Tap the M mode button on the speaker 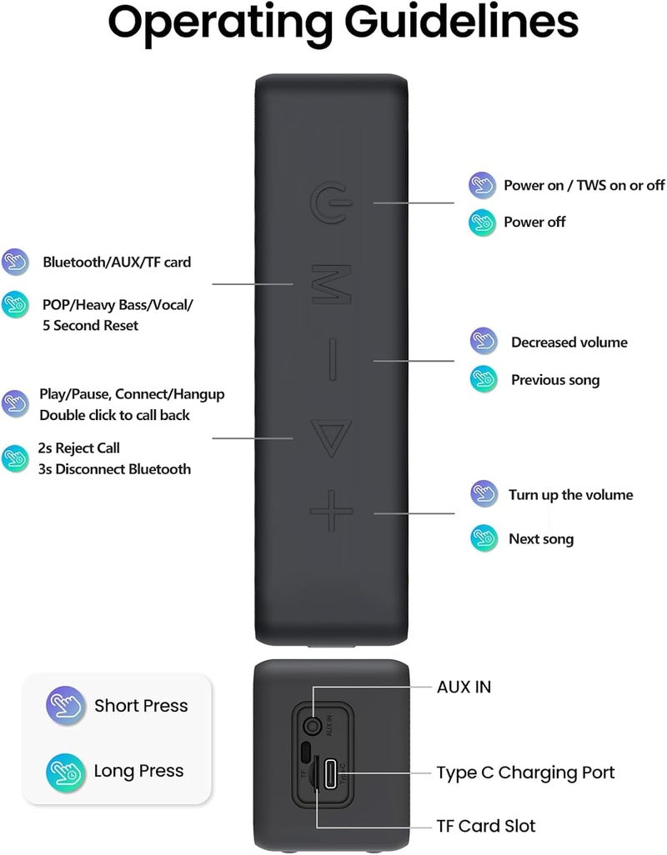[331, 284]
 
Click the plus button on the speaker [332, 511]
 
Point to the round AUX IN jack [313, 727]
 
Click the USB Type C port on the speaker [331, 773]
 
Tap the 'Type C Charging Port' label [525, 773]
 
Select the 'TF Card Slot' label [486, 826]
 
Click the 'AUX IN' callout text [464, 687]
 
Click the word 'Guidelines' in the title [461, 22]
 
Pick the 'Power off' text [534, 222]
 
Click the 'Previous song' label [555, 380]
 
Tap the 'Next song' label [541, 539]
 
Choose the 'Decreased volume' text [569, 342]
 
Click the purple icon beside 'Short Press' [65, 705]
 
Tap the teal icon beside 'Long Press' [65, 772]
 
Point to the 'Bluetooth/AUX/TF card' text [117, 262]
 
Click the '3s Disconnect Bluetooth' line [114, 469]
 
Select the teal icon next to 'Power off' [482, 222]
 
